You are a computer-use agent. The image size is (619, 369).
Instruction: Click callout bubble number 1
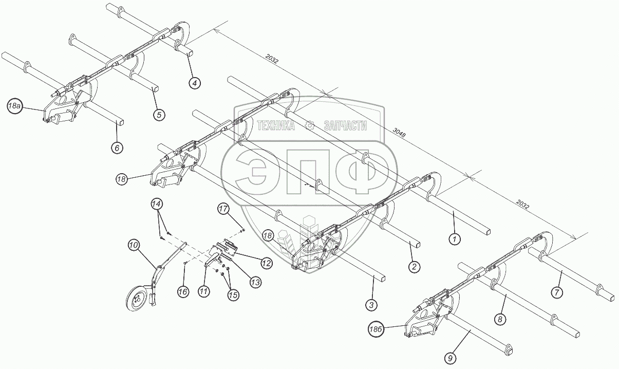[454, 238]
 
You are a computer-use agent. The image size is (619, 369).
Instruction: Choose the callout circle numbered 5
[159, 115]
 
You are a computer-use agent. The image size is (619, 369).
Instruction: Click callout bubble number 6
[117, 147]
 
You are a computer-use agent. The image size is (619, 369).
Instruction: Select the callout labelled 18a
[15, 106]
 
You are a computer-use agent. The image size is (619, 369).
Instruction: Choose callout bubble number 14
[157, 204]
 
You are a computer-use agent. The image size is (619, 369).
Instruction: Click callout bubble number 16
[183, 291]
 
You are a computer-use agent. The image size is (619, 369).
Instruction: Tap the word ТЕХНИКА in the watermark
[275, 126]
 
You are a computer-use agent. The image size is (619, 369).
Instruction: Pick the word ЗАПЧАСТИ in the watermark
[345, 126]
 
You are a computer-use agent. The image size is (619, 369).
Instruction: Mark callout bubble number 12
[266, 263]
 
